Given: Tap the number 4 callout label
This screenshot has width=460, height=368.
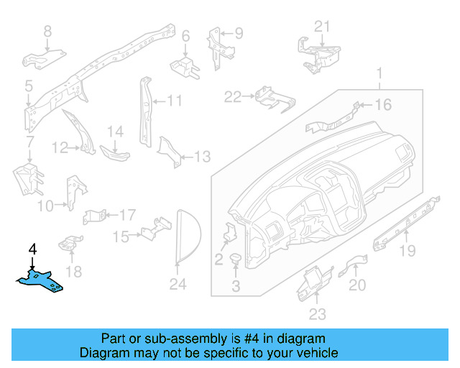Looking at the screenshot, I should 32,249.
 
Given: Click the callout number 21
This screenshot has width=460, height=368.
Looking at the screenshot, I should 323,27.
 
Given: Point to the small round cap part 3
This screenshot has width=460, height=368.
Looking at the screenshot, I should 236,258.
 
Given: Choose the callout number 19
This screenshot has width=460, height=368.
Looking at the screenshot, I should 408,250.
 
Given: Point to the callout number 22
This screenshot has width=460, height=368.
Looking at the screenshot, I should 232,96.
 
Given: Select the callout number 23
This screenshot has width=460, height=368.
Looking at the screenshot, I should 317,313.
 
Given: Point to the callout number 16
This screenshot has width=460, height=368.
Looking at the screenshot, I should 382,105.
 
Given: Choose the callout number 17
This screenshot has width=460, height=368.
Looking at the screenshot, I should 126,214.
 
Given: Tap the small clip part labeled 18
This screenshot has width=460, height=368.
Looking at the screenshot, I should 70,244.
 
